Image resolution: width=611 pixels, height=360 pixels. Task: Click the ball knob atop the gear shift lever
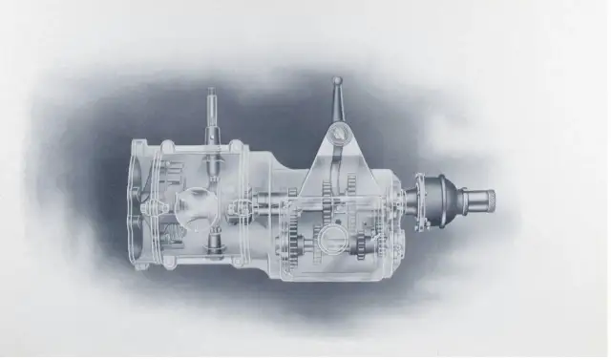click(x=337, y=81)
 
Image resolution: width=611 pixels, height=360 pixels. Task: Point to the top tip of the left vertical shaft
click(x=212, y=92)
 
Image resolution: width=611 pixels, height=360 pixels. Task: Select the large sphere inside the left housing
click(x=198, y=207)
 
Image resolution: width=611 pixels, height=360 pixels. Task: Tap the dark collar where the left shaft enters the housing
click(x=212, y=143)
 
